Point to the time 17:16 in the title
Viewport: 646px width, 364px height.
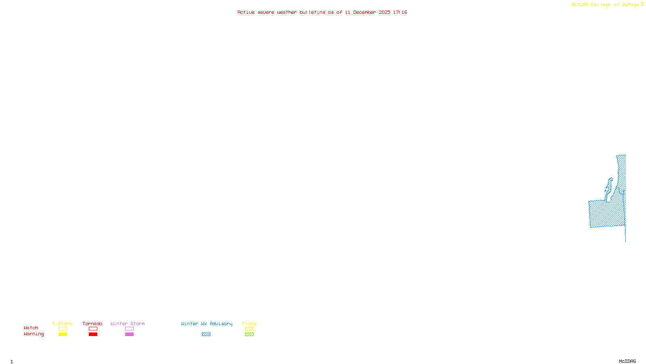(x=400, y=13)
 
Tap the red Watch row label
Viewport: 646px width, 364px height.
(x=31, y=328)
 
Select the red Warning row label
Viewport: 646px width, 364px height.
(x=34, y=334)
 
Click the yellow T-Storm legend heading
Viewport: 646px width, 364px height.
(x=62, y=324)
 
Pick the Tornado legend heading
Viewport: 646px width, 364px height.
(x=92, y=324)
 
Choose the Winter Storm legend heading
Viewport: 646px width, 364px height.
(x=128, y=324)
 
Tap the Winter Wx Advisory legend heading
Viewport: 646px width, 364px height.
(x=207, y=324)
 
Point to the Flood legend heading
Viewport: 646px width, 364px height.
(x=249, y=324)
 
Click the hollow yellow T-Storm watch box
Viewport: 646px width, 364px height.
(x=63, y=329)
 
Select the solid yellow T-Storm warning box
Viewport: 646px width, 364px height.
(x=63, y=334)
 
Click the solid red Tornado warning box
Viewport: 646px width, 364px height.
(x=93, y=334)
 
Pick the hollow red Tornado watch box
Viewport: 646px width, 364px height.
(x=93, y=329)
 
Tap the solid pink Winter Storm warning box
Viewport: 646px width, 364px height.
(x=129, y=334)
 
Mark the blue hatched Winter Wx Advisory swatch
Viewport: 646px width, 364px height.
(x=206, y=334)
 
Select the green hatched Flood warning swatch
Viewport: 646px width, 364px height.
(x=249, y=334)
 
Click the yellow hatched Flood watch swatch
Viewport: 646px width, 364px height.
(x=249, y=329)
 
